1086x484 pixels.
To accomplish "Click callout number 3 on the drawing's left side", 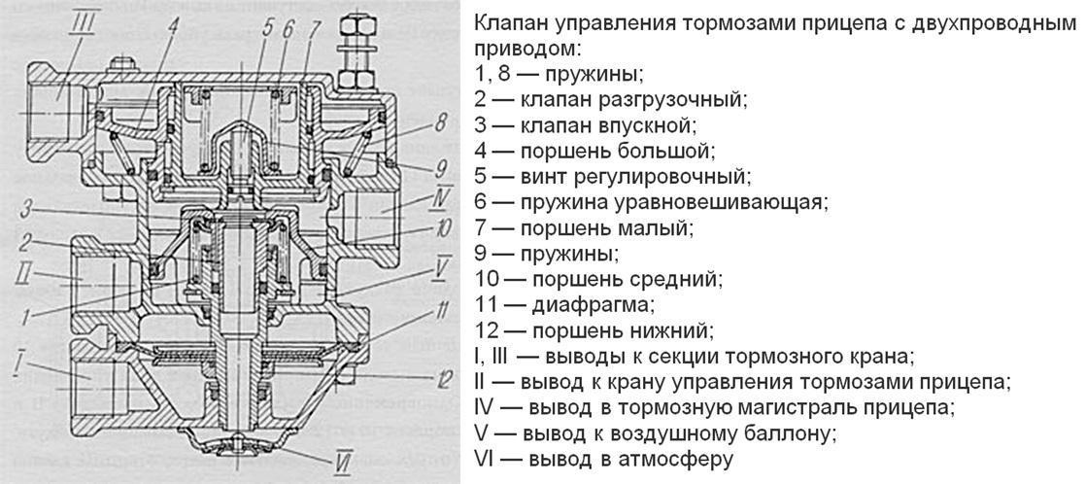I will point(30,209).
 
